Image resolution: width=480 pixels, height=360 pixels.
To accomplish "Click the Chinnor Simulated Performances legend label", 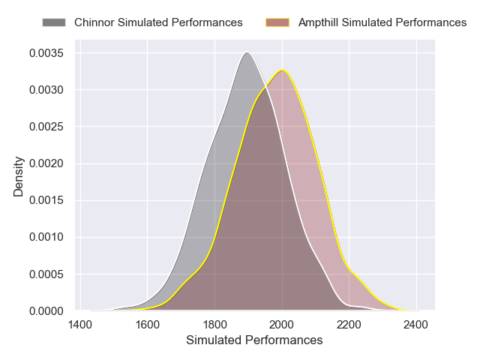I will (158, 22).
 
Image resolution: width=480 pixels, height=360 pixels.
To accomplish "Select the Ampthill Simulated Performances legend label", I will (382, 22).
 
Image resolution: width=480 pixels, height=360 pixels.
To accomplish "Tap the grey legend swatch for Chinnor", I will (54, 22).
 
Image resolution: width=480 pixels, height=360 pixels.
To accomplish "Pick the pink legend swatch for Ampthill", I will (278, 22).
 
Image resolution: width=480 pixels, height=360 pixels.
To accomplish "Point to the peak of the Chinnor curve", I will (246, 52).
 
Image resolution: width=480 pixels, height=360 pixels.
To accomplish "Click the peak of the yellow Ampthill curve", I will (282, 70).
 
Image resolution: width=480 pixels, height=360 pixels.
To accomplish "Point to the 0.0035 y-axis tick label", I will (47, 53).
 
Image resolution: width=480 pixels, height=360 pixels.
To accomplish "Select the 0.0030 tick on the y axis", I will (47, 90).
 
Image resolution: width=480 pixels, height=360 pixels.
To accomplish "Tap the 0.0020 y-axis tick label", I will (47, 163).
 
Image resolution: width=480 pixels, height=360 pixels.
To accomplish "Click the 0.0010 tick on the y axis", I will (47, 237).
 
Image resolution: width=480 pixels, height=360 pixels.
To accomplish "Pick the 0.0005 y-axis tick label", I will (47, 274).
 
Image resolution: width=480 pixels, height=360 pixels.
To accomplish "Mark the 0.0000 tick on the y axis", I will (47, 310).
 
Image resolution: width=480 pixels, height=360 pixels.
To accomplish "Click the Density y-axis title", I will (19, 176).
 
